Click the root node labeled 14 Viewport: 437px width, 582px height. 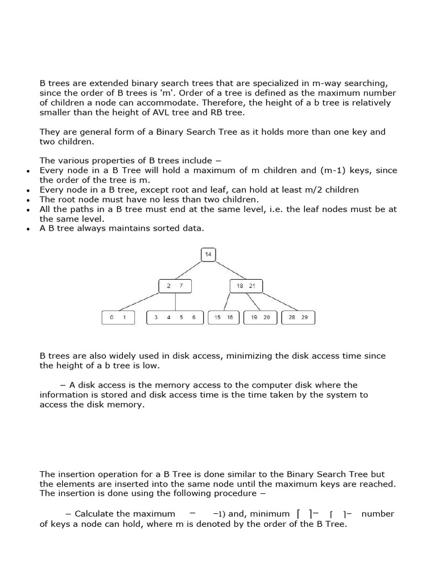click(x=208, y=255)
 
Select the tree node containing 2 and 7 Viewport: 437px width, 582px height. click(x=175, y=286)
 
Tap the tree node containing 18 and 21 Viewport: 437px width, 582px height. click(x=246, y=286)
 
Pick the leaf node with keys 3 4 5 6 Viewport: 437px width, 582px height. click(x=175, y=318)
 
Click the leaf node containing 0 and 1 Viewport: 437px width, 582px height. click(x=118, y=318)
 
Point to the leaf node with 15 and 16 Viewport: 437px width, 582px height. click(x=224, y=318)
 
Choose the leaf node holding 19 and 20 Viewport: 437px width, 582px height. click(x=260, y=318)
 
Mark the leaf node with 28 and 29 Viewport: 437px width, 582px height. click(x=298, y=318)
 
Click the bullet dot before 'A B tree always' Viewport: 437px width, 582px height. click(x=27, y=229)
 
